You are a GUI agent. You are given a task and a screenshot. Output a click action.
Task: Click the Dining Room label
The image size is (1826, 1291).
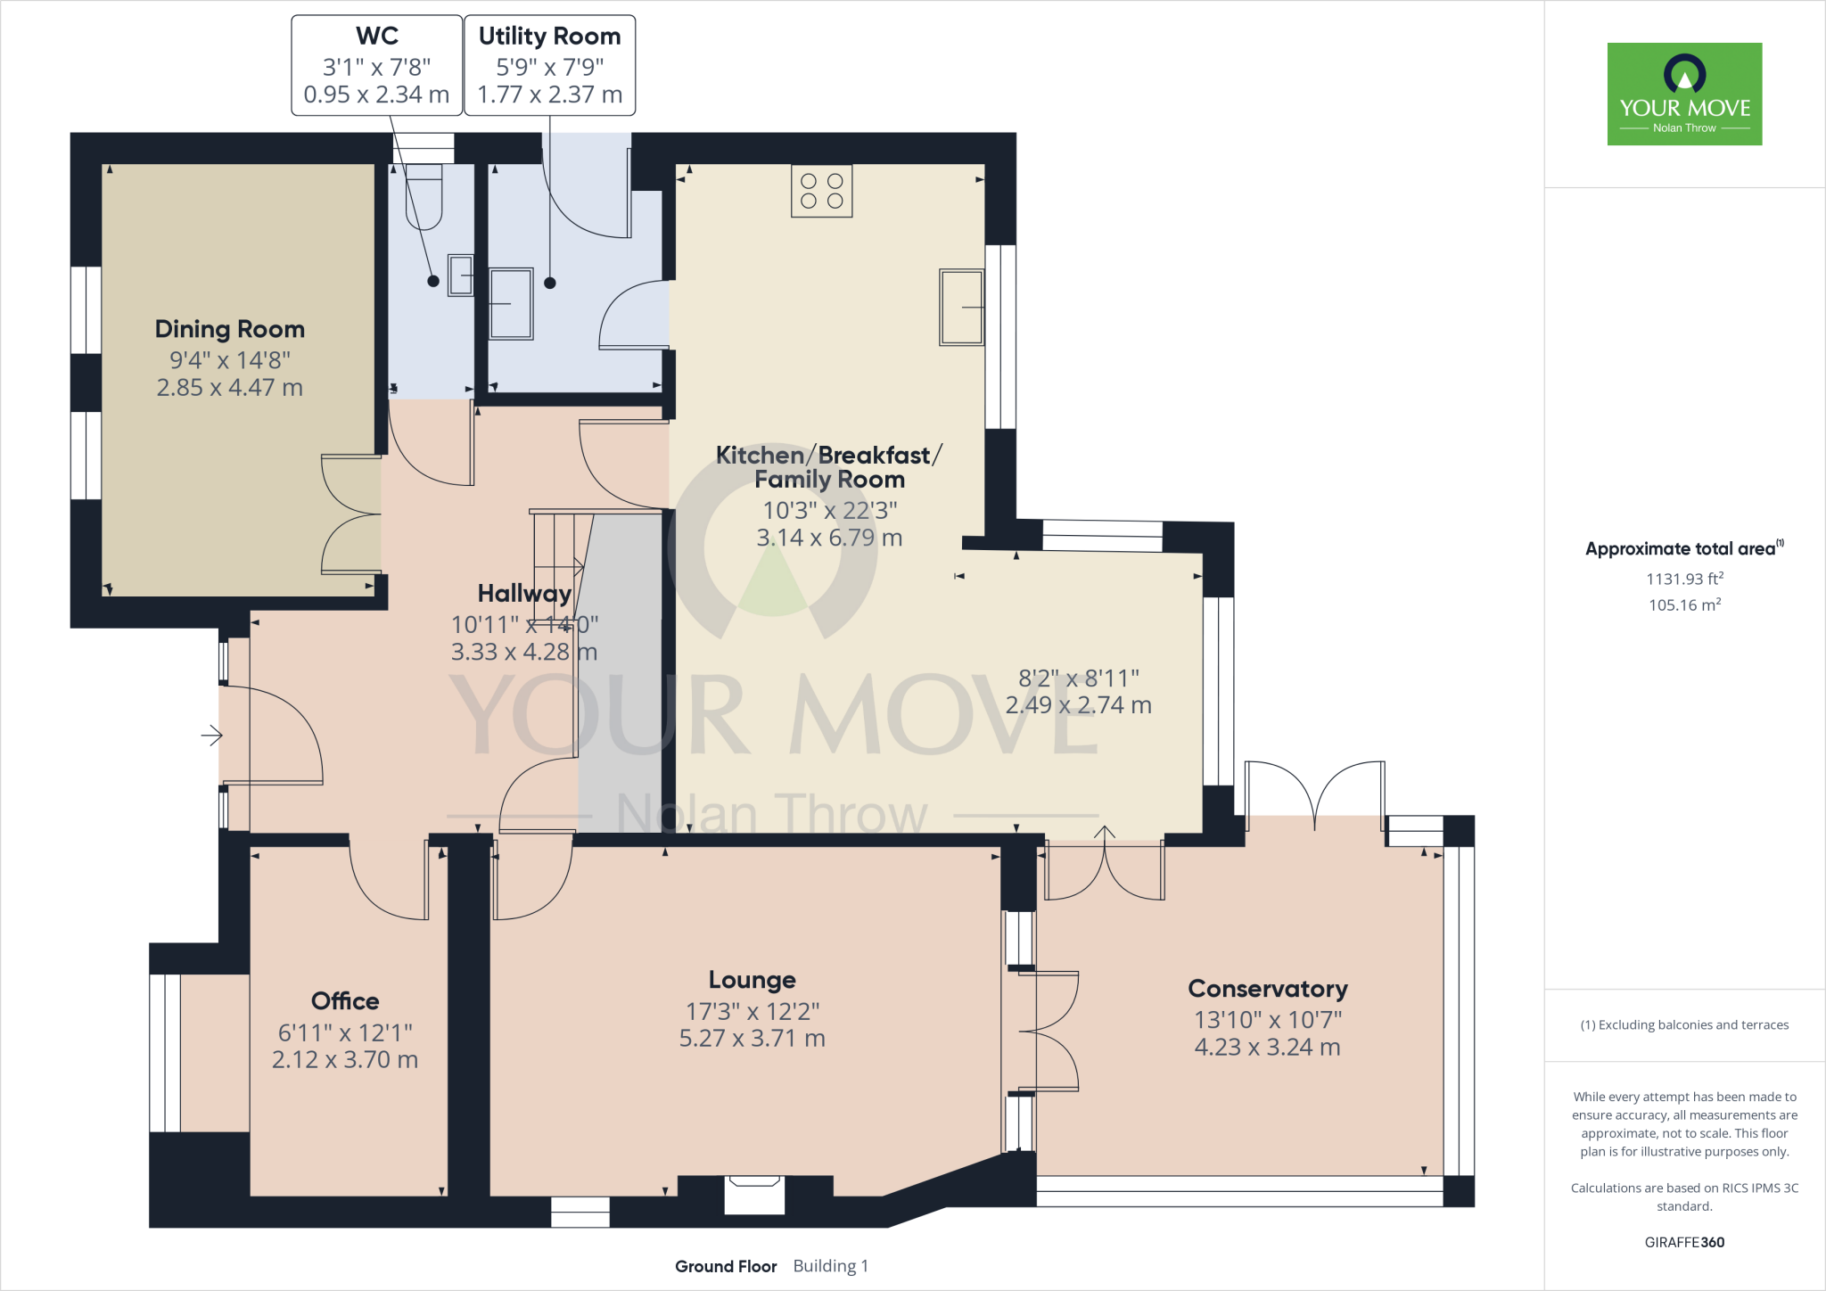(230, 329)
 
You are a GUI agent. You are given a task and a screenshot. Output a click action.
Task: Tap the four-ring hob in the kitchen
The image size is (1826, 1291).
(821, 191)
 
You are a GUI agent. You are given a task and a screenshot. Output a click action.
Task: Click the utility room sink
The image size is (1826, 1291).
(511, 303)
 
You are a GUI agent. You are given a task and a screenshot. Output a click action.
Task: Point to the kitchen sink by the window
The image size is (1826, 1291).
(961, 308)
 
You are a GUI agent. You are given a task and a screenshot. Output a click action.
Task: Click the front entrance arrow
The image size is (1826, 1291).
(211, 736)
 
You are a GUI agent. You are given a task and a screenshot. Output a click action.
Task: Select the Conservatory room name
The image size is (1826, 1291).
(1267, 989)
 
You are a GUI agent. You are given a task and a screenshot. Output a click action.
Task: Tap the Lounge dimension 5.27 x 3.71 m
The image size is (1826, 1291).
(752, 1039)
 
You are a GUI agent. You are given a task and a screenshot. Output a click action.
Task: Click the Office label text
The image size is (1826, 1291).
(345, 1001)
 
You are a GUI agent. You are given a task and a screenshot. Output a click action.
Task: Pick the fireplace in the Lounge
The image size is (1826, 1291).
(754, 1193)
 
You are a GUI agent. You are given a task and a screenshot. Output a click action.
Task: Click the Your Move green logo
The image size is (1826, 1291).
(1684, 94)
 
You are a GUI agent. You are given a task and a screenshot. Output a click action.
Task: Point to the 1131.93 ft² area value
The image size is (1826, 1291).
(1684, 579)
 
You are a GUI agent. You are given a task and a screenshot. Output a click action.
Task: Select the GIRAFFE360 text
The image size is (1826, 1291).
(1684, 1242)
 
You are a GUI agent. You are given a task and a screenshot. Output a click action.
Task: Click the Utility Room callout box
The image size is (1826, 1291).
(549, 65)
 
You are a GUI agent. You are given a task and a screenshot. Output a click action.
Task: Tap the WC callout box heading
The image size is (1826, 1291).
(377, 37)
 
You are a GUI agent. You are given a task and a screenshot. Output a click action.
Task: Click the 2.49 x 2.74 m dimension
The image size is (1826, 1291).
(1078, 705)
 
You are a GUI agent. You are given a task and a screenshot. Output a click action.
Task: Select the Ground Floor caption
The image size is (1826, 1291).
(726, 1266)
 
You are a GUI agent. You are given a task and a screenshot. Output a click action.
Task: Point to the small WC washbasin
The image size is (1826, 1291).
(461, 275)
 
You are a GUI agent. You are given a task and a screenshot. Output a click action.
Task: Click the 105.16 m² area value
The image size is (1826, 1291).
(1684, 605)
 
